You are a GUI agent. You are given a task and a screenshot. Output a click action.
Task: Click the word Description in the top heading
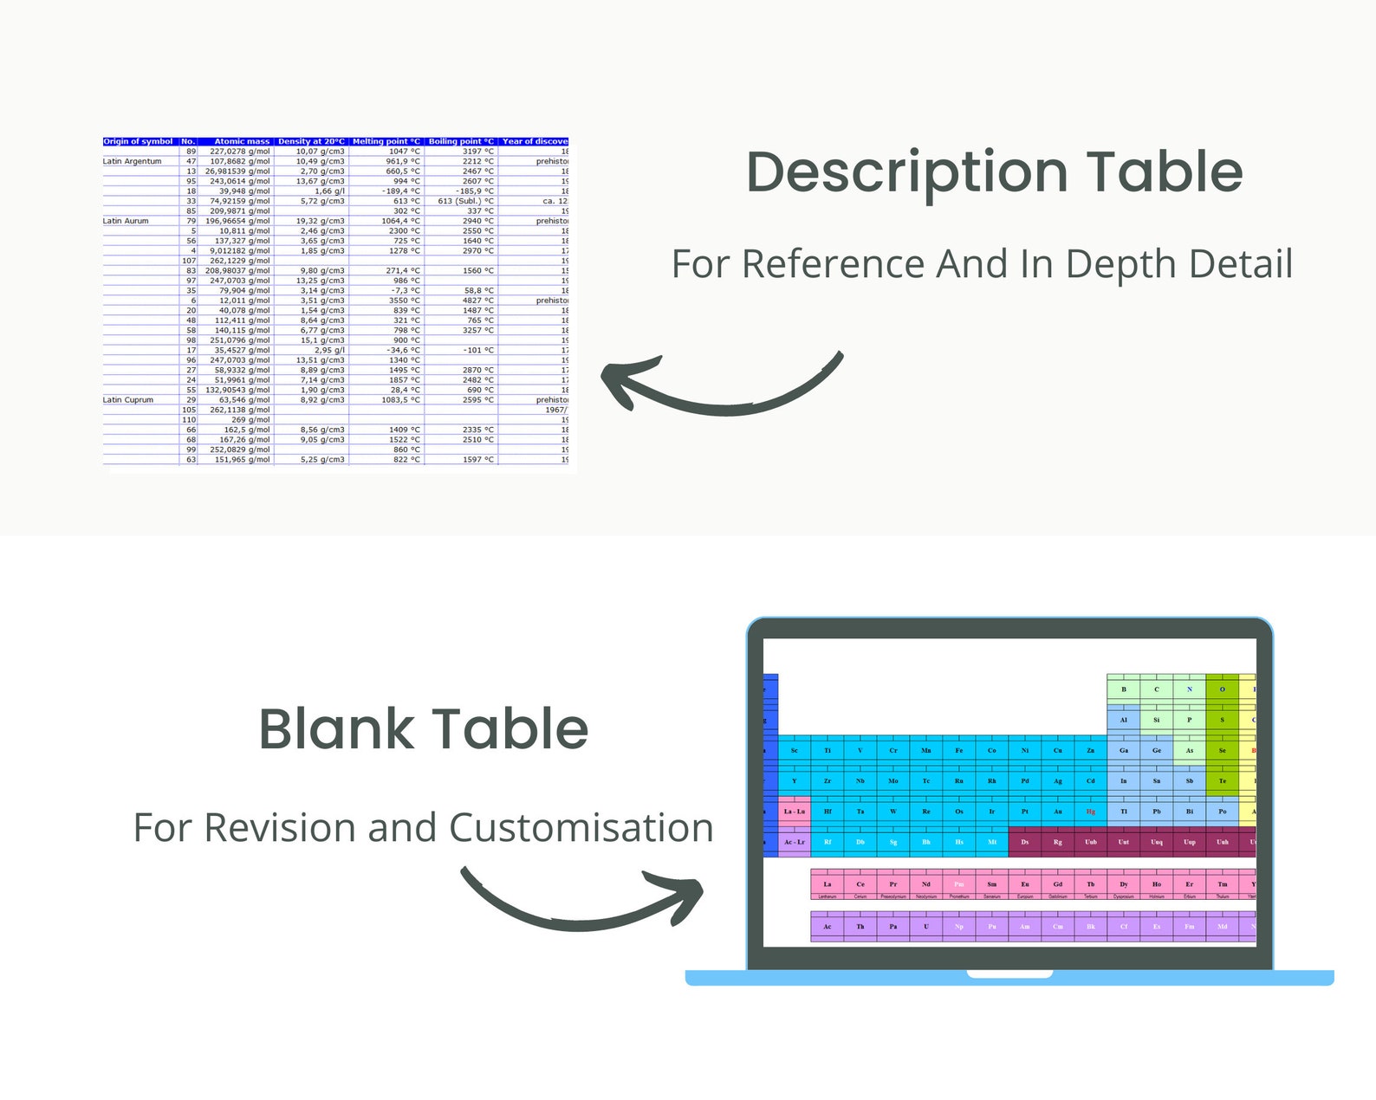point(906,173)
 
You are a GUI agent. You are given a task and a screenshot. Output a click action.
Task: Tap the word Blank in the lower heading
point(333,729)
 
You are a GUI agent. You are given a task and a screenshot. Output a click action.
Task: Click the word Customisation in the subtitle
point(581,828)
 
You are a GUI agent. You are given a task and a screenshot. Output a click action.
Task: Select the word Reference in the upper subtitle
point(833,264)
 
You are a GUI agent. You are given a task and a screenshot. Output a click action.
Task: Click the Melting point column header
point(386,141)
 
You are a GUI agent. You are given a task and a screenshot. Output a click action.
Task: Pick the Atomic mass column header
point(242,141)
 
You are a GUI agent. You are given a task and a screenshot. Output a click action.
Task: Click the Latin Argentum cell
point(133,161)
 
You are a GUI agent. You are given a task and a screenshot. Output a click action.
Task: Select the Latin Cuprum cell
point(128,400)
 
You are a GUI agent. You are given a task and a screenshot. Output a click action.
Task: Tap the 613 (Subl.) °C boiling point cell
point(465,201)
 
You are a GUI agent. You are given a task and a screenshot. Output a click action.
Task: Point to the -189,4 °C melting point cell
point(401,191)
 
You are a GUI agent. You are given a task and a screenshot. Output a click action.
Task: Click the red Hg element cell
point(1090,812)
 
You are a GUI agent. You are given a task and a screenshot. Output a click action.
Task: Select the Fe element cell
point(958,750)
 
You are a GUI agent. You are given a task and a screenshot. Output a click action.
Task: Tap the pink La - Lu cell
point(795,812)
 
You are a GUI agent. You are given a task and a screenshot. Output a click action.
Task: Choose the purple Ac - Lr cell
point(795,842)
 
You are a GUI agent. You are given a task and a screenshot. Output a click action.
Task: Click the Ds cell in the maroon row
point(1024,842)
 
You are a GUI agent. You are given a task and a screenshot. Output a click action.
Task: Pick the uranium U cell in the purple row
point(925,927)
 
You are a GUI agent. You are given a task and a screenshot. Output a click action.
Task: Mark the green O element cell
point(1222,689)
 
